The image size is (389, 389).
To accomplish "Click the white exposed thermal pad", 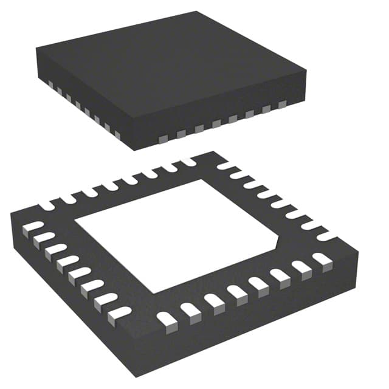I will [x=176, y=234].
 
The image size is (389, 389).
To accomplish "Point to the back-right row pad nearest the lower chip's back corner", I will [x=225, y=166].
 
